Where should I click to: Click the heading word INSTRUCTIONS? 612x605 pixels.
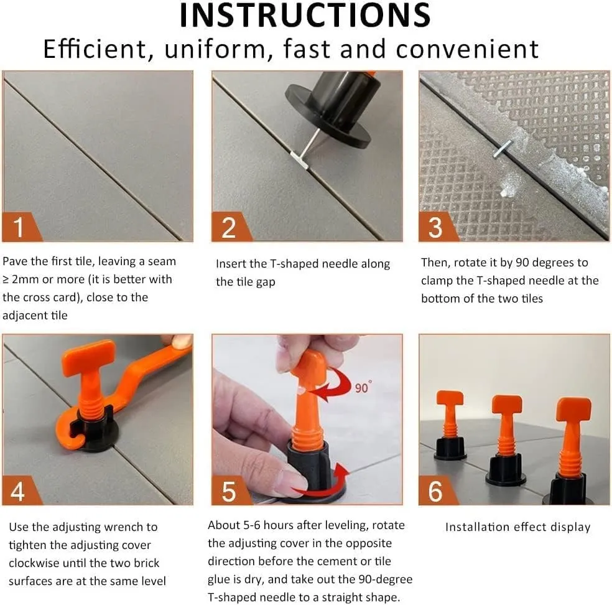[305, 15]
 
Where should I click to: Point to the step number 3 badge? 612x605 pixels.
[437, 227]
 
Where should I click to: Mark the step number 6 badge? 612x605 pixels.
[437, 490]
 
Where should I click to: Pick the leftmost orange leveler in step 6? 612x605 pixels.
[450, 425]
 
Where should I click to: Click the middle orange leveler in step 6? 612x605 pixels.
[506, 439]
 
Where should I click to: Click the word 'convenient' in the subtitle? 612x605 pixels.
[467, 49]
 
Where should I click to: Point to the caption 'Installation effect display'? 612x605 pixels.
[517, 527]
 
